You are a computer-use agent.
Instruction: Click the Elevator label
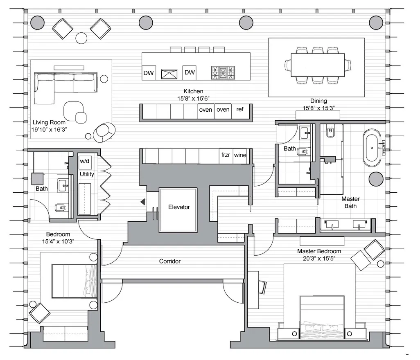(179, 207)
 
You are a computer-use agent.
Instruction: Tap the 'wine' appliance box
(240, 155)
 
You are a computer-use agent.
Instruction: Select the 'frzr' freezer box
(226, 155)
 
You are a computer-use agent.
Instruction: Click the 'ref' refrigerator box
(240, 110)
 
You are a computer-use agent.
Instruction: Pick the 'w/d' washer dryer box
(85, 161)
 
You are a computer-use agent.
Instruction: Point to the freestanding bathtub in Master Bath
(372, 146)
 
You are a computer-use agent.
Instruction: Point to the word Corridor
(170, 261)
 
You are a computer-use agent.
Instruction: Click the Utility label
(87, 174)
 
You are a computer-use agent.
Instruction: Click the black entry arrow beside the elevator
(142, 202)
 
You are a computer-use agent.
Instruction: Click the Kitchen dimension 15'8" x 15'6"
(193, 98)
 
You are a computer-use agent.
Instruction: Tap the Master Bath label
(350, 202)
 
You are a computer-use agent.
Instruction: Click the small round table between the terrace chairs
(81, 38)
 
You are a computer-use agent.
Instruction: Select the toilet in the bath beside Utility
(61, 208)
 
